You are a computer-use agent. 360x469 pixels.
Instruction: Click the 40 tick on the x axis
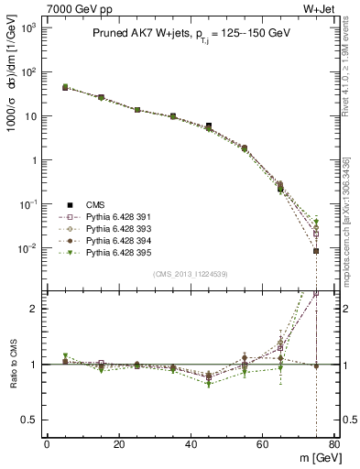(190, 444)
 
